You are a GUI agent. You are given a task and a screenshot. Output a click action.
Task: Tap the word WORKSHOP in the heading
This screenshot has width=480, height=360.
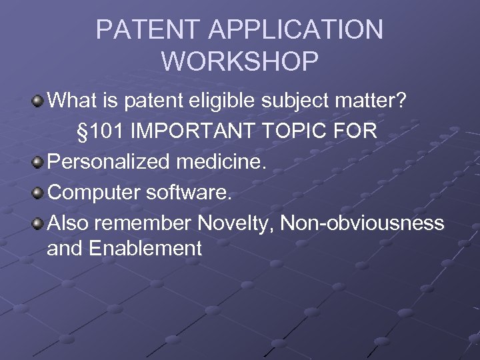click(240, 61)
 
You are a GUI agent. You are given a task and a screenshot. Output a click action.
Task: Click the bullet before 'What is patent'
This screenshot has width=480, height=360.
click(39, 102)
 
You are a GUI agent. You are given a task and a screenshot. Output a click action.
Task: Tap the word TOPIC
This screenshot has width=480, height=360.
click(295, 131)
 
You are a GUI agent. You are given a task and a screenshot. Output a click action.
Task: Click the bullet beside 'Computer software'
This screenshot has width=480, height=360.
click(39, 192)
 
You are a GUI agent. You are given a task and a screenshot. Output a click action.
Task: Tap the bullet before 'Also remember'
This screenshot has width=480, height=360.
click(39, 222)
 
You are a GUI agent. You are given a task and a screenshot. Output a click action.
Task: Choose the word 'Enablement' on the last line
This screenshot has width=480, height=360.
click(145, 248)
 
